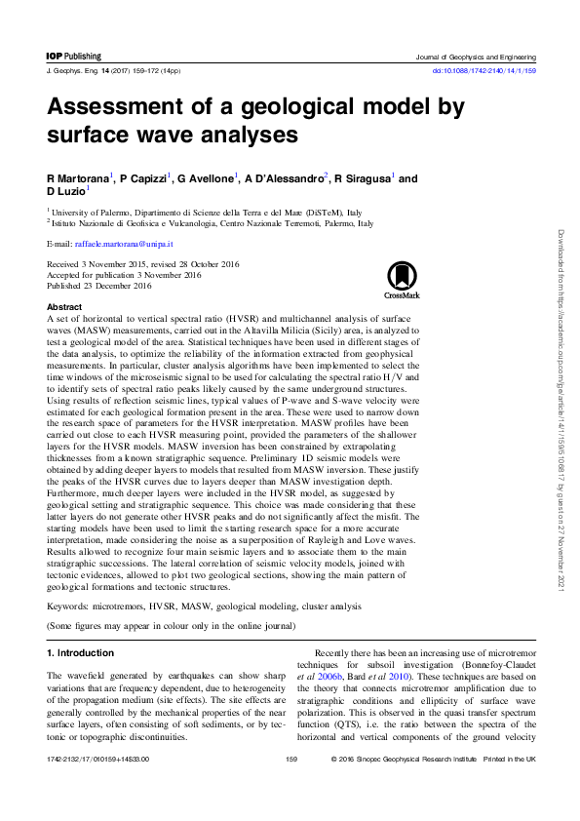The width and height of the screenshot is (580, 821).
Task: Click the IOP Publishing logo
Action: tap(73, 57)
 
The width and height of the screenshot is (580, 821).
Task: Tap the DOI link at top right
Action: tap(483, 71)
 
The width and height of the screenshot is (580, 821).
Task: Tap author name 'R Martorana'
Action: tap(78, 179)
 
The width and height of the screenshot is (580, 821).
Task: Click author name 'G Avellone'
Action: tap(205, 179)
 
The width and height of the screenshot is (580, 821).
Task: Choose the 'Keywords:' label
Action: tap(72, 607)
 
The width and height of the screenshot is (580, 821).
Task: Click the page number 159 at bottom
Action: tap(290, 785)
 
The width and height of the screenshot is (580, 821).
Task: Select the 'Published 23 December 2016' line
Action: tap(99, 287)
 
